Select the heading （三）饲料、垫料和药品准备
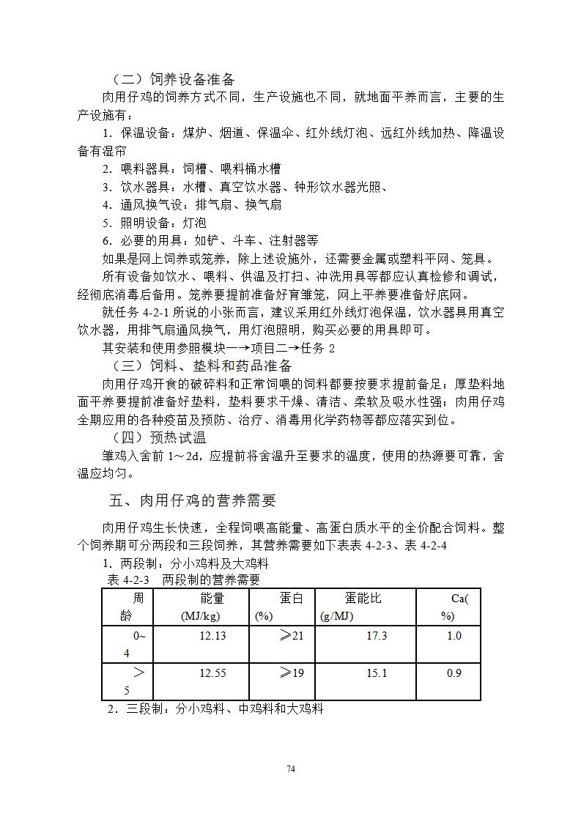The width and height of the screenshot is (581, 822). tap(202, 366)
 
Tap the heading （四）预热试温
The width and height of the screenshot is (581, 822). tap(158, 437)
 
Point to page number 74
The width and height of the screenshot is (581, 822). tap(291, 769)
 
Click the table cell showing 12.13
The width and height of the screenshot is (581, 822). tap(212, 636)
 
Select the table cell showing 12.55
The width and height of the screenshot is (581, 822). tap(212, 673)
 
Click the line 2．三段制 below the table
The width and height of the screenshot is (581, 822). tap(215, 708)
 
